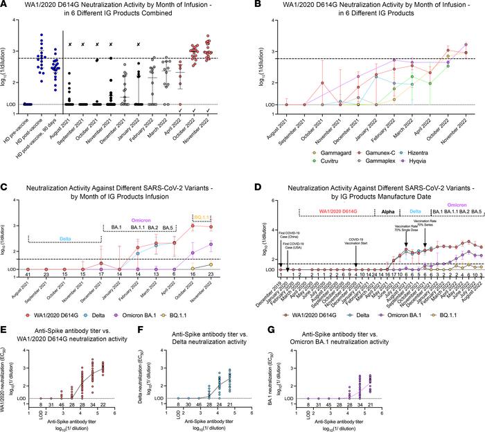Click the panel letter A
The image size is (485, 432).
pos(6,6)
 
